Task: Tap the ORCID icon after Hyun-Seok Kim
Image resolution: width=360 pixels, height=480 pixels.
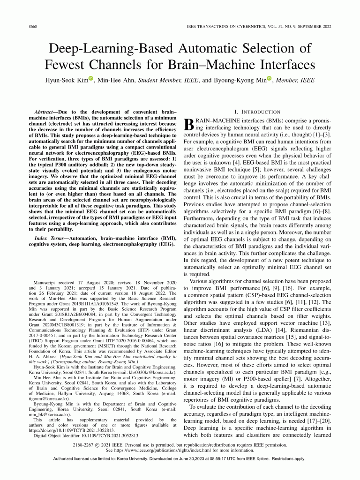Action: (x=91, y=79)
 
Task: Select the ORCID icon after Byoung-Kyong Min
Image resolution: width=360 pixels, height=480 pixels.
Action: (x=269, y=79)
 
